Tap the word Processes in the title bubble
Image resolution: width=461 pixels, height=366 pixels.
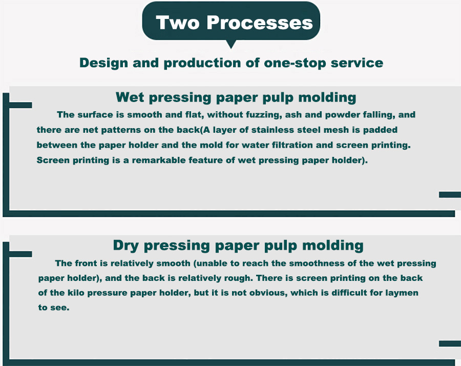(x=260, y=23)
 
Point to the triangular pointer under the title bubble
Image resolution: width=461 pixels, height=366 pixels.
(x=231, y=44)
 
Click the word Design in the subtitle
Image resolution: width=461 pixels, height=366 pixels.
(x=104, y=63)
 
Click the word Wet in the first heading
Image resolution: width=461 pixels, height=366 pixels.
(x=130, y=97)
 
